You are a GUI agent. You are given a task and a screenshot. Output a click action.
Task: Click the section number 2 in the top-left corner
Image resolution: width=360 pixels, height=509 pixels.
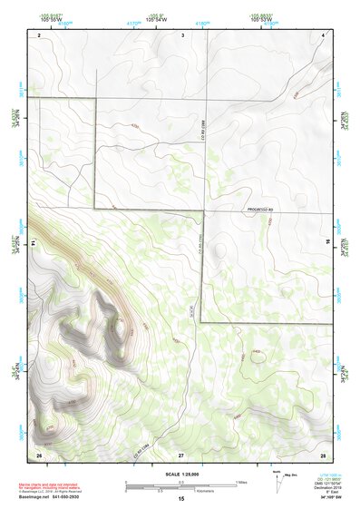(40, 34)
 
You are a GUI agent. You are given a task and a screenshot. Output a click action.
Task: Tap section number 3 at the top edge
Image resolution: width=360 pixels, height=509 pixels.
(182, 34)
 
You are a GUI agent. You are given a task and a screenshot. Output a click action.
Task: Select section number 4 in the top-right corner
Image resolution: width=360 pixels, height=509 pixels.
(323, 34)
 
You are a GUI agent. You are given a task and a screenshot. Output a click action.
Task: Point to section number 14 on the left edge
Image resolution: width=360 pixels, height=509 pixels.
(33, 243)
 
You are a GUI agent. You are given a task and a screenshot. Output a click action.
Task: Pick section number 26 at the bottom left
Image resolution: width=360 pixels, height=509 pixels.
(39, 453)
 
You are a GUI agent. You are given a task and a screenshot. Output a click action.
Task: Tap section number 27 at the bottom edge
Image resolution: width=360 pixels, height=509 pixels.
(181, 453)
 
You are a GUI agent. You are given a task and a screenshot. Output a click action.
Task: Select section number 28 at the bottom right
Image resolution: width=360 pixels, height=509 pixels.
(322, 453)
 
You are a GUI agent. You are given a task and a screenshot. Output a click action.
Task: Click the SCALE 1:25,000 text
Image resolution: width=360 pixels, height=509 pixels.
(181, 474)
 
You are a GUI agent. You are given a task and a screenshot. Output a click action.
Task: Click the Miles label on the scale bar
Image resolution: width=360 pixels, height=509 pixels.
(241, 481)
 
